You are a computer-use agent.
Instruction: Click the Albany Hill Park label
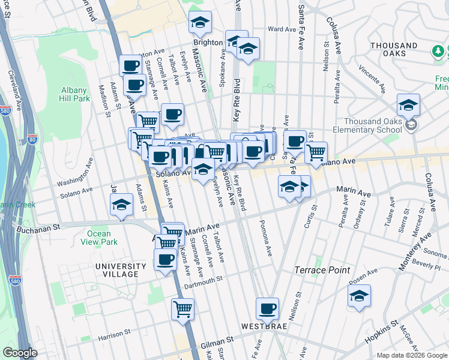coord(74,95)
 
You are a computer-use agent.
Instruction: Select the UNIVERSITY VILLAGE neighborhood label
coord(121,270)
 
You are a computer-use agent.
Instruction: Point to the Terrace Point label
coord(322,270)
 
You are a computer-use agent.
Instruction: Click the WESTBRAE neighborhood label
coord(267,327)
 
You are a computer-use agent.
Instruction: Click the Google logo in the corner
coord(19,353)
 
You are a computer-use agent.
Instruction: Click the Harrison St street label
coord(110,333)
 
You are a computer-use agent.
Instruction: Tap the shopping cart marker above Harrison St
coord(183,309)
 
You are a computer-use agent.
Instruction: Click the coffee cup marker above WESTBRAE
coord(267,309)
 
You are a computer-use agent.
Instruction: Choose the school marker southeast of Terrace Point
coord(359,296)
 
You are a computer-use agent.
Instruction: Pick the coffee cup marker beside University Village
coord(166,259)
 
